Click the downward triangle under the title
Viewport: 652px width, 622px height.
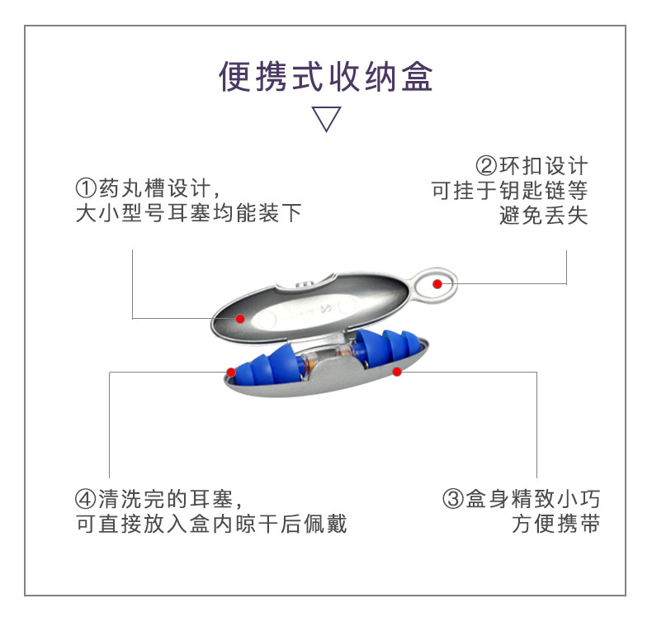(x=326, y=119)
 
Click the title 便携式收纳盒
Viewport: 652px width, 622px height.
(x=326, y=77)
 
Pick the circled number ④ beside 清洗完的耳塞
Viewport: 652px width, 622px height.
(x=86, y=500)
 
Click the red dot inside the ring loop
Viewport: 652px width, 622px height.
(x=438, y=284)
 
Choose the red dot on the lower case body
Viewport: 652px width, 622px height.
(x=397, y=372)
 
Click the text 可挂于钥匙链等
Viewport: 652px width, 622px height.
(x=509, y=192)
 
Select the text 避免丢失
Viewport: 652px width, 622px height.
(x=544, y=216)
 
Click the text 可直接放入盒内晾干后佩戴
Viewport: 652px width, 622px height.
(x=211, y=525)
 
